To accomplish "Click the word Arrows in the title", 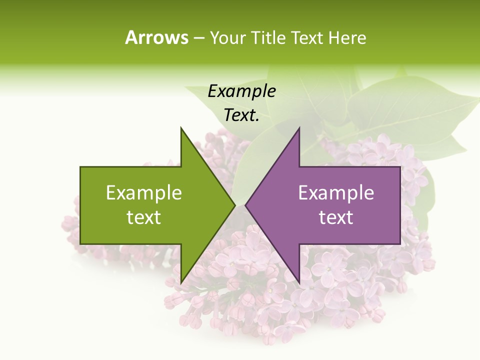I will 156,37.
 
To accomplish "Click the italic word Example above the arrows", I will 242,91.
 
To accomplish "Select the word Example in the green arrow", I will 144,193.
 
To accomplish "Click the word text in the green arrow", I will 144,217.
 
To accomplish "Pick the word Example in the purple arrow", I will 336,193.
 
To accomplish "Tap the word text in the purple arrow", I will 336,217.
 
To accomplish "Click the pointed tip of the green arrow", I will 234,205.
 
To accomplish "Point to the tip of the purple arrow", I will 245,205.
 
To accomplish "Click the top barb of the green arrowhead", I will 181,128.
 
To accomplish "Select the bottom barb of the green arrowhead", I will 181,282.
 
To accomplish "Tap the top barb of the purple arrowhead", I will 299,128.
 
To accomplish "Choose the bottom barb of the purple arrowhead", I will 299,282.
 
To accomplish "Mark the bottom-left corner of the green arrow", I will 81,243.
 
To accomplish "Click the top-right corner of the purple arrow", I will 399,167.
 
